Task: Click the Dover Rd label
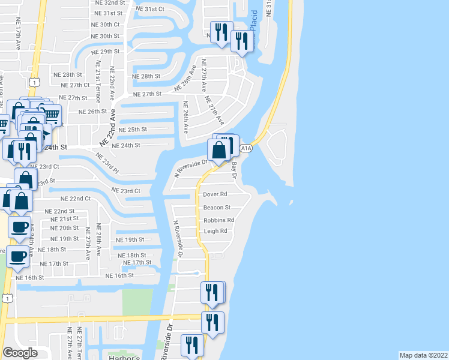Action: point(215,194)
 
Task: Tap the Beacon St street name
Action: point(217,208)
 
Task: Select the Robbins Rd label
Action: point(218,220)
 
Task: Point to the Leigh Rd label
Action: point(215,231)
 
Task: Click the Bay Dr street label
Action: point(235,171)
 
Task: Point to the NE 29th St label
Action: point(107,52)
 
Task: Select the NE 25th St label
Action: point(133,130)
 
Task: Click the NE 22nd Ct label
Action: point(76,199)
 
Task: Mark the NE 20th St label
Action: point(64,228)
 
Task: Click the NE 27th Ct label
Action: point(75,85)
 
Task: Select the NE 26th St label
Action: point(92,112)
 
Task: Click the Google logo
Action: point(20,352)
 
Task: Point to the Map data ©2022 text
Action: point(423,355)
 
